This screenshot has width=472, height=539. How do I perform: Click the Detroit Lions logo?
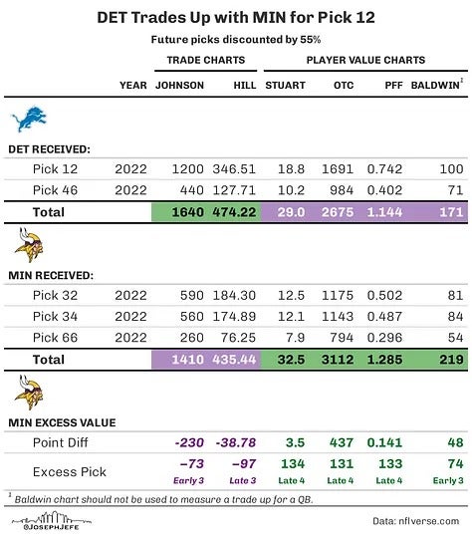[x=28, y=121]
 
